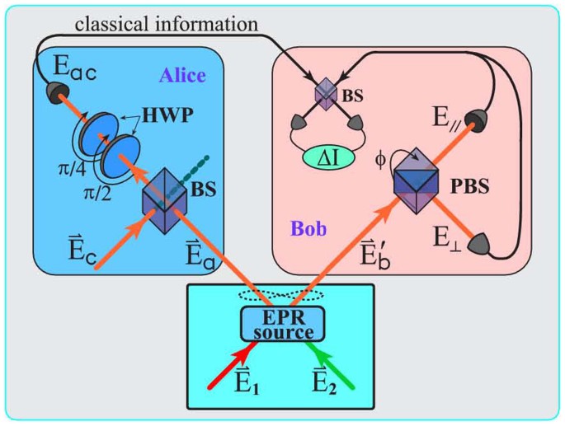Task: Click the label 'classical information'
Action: pyautogui.click(x=166, y=24)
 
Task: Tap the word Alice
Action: pyautogui.click(x=182, y=76)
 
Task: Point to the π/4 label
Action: pyautogui.click(x=63, y=169)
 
